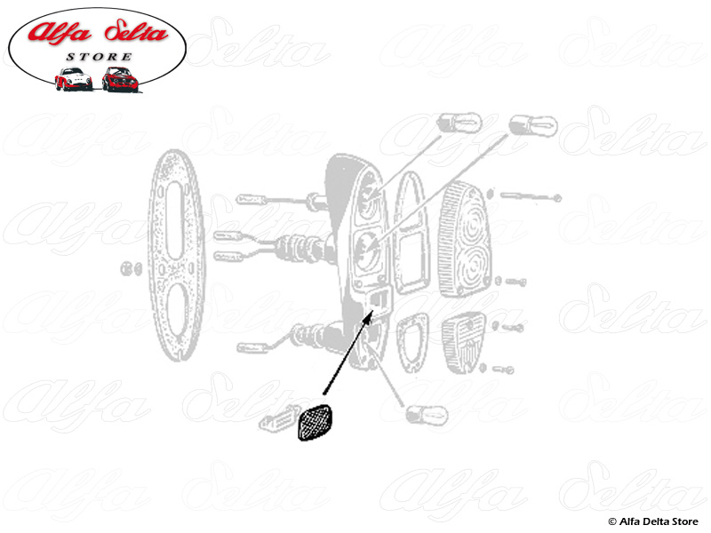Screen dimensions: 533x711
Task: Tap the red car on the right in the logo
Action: click(x=119, y=79)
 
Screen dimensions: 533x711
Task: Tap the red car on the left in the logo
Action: click(x=73, y=79)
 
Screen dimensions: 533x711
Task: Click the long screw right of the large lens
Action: click(x=531, y=195)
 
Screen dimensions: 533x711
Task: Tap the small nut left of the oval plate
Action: click(x=130, y=266)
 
